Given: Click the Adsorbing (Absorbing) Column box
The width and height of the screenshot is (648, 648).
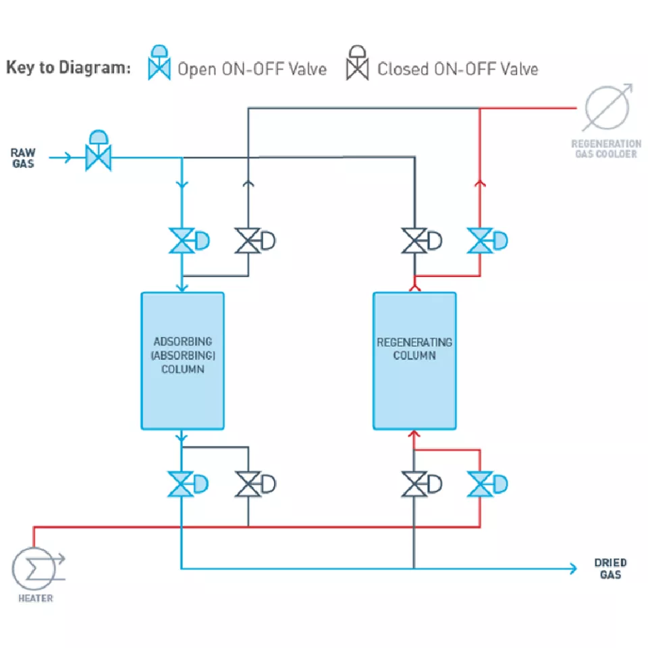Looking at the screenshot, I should [182, 360].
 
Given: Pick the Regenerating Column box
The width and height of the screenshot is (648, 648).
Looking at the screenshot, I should [414, 360].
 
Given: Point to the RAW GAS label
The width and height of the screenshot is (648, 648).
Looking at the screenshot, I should [24, 158].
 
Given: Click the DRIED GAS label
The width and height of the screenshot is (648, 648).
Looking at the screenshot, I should [610, 568].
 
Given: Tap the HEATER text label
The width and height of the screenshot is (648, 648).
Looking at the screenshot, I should [36, 598].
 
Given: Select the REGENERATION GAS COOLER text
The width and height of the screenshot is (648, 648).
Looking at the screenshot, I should [605, 148].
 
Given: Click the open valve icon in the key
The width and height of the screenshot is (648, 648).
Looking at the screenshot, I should [159, 64].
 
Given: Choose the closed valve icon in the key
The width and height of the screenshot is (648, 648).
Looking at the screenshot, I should [358, 64].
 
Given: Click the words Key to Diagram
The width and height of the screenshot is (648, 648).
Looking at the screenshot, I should [67, 67].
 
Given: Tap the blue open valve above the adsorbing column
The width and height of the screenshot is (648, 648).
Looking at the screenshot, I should [182, 241].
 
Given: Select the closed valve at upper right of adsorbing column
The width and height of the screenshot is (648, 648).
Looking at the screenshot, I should [248, 241].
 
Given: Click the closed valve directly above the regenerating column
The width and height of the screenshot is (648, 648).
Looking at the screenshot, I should [414, 241].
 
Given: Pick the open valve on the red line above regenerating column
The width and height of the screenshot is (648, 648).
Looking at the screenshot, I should [480, 241].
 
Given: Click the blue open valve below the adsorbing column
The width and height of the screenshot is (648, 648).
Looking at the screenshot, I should [182, 485].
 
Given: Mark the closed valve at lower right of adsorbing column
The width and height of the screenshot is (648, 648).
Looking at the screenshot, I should [248, 485].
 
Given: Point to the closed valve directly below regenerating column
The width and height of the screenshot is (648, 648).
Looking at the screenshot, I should [414, 485].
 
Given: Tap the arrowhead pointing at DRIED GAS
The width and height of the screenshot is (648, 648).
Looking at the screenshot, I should [573, 568].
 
